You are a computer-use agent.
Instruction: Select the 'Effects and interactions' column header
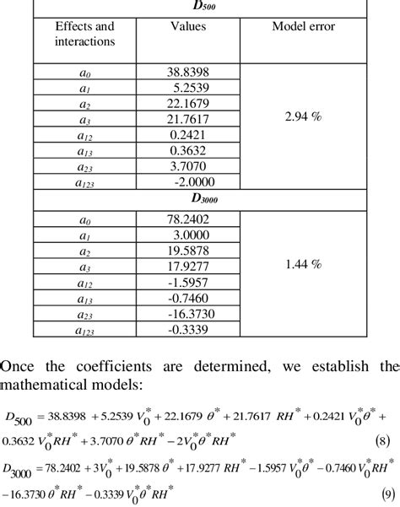pos(84,34)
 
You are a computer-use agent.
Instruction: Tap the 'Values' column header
pos(187,27)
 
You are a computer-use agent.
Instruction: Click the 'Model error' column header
pos(303,27)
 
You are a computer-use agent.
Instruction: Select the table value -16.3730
pos(189,316)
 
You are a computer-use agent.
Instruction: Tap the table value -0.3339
pos(191,329)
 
